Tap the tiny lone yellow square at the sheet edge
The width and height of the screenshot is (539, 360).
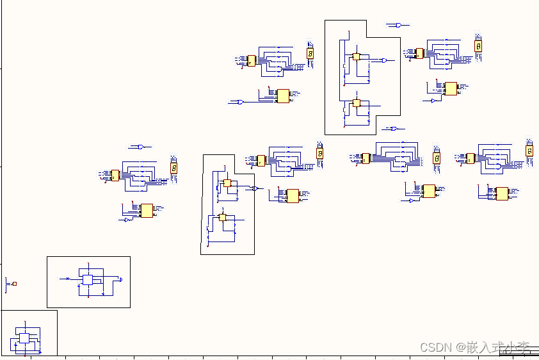tap(14, 284)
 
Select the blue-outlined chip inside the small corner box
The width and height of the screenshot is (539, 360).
tap(24, 338)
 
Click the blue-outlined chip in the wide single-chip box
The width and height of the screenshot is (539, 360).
tap(87, 280)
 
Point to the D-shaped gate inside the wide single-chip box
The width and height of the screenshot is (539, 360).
tap(120, 279)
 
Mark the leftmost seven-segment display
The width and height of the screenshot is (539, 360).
tap(173, 168)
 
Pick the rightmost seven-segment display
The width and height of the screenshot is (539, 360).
tap(529, 151)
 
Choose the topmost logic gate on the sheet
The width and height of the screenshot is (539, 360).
tap(398, 26)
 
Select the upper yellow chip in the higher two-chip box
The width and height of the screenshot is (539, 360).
tap(357, 56)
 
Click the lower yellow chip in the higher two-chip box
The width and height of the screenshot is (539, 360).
tap(357, 102)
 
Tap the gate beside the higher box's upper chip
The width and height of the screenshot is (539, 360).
tap(383, 60)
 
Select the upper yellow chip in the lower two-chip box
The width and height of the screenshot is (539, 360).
tap(227, 183)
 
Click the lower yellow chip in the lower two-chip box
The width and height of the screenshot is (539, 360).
tap(223, 217)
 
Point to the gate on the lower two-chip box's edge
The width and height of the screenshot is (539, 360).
tap(255, 188)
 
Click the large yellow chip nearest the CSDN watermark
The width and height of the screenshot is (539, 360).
tap(502, 193)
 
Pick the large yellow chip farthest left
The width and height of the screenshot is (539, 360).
tap(147, 210)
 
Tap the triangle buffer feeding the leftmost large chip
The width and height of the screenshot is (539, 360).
tap(127, 220)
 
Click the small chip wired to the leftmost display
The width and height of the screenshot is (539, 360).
tap(115, 175)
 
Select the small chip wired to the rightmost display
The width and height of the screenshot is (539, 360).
tap(471, 158)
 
